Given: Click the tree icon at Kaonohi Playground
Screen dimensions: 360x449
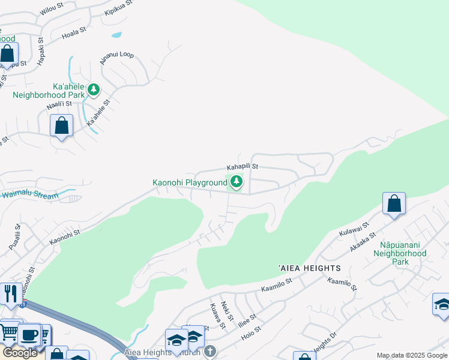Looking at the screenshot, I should [x=237, y=181].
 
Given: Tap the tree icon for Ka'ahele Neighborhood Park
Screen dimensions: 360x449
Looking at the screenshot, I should [x=93, y=90].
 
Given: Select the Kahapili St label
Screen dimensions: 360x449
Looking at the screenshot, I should [x=242, y=167].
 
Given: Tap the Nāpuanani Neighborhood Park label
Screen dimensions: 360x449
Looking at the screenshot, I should [x=403, y=253].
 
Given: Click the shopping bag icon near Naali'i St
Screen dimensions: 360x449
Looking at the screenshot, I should [x=61, y=126].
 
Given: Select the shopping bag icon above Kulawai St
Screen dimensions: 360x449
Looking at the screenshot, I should [x=394, y=204].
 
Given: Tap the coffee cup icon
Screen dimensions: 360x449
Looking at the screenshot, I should [x=28, y=334].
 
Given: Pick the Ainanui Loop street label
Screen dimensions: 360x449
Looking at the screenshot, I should [x=116, y=58].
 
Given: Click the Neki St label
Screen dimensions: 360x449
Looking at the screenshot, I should [x=226, y=312].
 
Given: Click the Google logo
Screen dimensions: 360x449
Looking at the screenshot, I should [x=20, y=353].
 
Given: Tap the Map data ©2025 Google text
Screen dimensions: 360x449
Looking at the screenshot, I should [x=411, y=355].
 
